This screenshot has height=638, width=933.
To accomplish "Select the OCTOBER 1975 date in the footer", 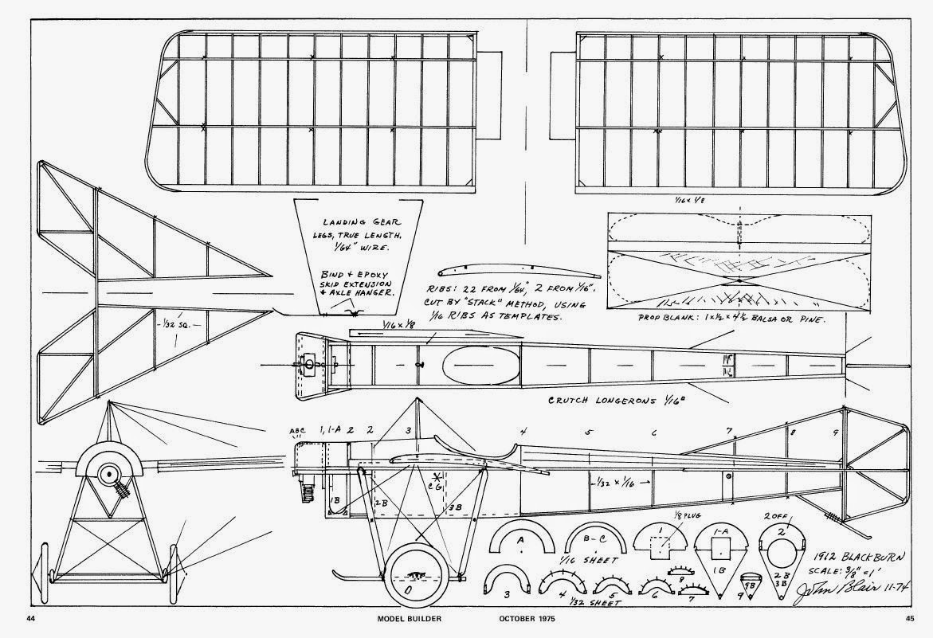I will (x=529, y=618).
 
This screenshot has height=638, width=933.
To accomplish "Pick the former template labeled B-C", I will (x=594, y=543).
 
